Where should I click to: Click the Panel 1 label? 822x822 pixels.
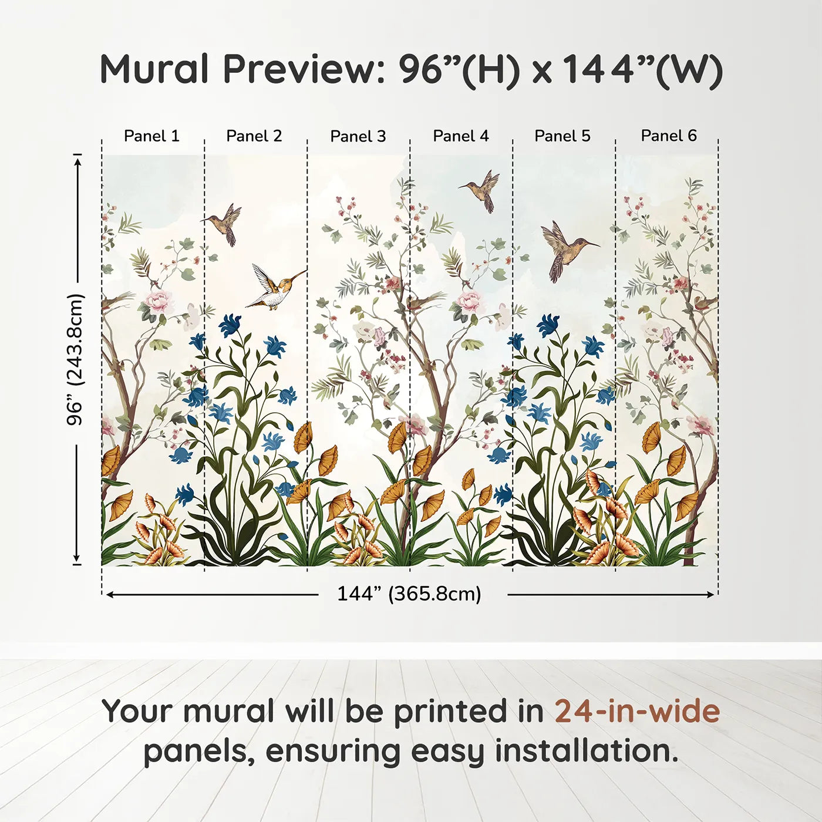click(151, 136)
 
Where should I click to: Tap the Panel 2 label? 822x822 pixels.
click(254, 136)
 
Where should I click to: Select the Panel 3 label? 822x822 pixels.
click(358, 137)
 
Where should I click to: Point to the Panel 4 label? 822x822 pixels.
click(460, 136)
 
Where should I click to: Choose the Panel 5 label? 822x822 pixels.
click(562, 136)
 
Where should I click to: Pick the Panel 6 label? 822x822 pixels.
click(668, 136)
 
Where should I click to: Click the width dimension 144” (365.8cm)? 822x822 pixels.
click(409, 594)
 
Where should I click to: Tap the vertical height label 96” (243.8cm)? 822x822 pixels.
click(75, 359)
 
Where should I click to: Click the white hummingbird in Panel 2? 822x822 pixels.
click(273, 288)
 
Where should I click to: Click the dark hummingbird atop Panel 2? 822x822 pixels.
click(226, 223)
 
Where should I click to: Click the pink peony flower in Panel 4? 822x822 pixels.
click(469, 302)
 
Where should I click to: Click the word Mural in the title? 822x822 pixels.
click(154, 69)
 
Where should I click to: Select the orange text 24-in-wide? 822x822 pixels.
click(637, 712)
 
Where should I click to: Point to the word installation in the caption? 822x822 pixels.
click(585, 751)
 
